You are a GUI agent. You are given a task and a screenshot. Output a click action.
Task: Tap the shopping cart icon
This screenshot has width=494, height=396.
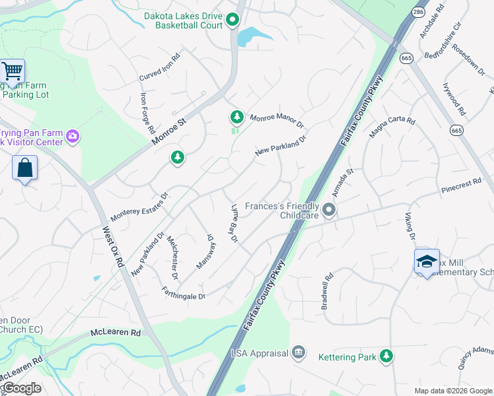(12, 71)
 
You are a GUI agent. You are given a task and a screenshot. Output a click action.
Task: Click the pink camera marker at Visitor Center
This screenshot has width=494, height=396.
(73, 137)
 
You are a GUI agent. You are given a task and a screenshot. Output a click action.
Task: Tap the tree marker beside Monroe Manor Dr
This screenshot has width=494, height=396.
(236, 117)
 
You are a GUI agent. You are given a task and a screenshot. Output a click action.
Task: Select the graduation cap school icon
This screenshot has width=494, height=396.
(427, 262)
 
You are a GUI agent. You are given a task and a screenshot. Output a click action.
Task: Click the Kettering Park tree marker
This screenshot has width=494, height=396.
(386, 356)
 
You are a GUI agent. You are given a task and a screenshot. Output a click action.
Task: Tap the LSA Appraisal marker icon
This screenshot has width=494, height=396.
(299, 352)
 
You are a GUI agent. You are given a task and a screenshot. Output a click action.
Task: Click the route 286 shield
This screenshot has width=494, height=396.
(418, 13)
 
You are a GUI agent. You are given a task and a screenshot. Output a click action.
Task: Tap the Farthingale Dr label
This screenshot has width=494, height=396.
(184, 292)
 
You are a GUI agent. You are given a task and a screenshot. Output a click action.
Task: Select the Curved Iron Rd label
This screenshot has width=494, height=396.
(159, 67)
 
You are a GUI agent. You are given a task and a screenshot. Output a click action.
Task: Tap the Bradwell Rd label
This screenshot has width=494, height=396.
(326, 291)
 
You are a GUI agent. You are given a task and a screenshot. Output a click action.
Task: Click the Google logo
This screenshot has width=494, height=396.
(22, 388)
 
